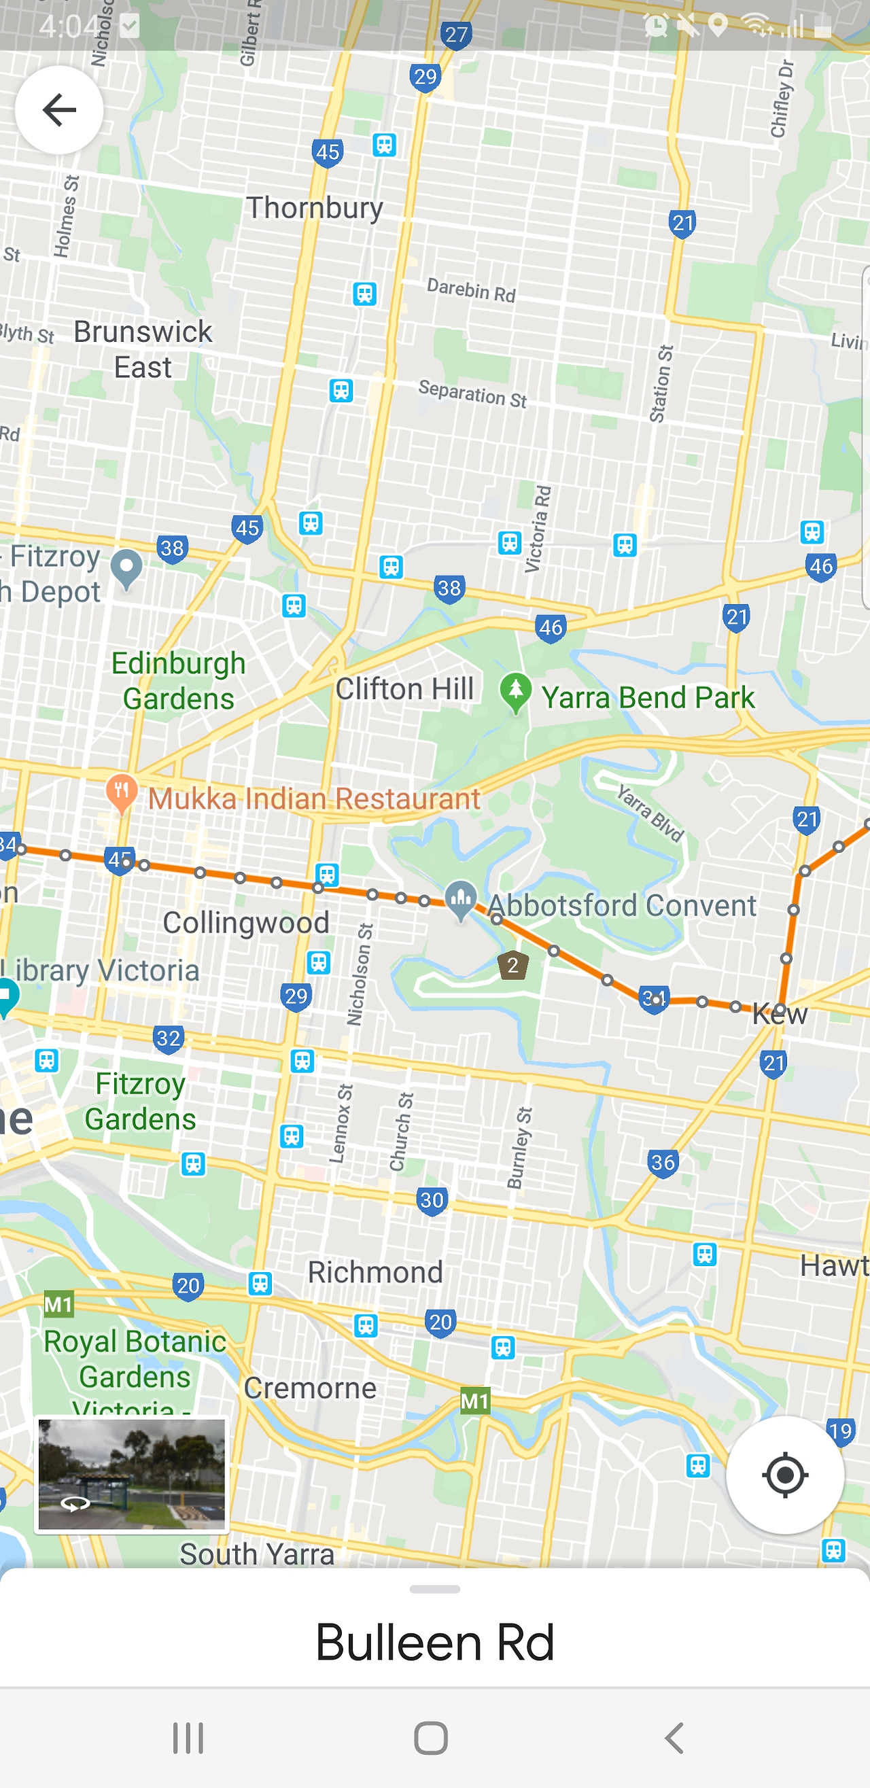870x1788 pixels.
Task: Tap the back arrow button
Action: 59,109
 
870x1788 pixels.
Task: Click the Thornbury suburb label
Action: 315,208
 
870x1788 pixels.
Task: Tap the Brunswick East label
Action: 143,349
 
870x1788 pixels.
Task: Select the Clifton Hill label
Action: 405,689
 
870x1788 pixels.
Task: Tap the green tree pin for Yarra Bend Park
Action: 516,692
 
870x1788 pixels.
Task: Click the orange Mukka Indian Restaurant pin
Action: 122,792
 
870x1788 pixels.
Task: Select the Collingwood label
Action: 246,922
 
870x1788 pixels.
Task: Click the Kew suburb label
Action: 780,1014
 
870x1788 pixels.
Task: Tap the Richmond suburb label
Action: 375,1272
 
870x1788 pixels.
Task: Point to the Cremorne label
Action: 310,1388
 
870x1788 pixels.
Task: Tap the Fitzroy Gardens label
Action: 140,1102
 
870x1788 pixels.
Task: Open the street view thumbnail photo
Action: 132,1474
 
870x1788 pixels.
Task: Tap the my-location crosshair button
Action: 784,1474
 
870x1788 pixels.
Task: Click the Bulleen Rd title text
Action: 434,1643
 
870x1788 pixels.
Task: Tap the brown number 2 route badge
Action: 513,966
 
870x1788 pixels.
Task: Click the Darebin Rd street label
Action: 471,290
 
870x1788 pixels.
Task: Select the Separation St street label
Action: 472,393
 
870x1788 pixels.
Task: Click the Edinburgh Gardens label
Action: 179,681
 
